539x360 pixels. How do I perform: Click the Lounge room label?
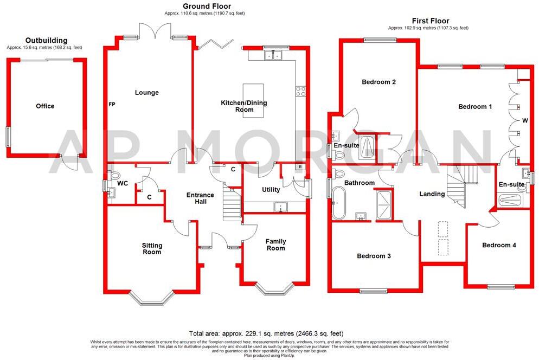pyautogui.click(x=147, y=93)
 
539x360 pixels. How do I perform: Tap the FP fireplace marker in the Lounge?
pyautogui.click(x=112, y=104)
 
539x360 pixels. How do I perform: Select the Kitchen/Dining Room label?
pyautogui.click(x=243, y=106)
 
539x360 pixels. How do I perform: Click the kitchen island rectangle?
pyautogui.click(x=253, y=100)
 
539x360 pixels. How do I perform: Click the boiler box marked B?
pyautogui.click(x=299, y=167)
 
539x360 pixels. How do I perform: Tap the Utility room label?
pyautogui.click(x=271, y=190)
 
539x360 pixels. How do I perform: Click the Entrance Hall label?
pyautogui.click(x=200, y=198)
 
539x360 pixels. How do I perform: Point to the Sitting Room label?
pyautogui.click(x=152, y=249)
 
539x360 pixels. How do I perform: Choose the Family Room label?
pyautogui.click(x=275, y=245)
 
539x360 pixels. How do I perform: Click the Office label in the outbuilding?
pyautogui.click(x=45, y=106)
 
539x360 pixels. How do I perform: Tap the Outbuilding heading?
pyautogui.click(x=47, y=40)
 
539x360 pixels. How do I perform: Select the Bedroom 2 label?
pyautogui.click(x=378, y=82)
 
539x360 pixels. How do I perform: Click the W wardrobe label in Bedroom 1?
pyautogui.click(x=524, y=120)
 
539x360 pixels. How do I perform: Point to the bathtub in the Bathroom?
pyautogui.click(x=338, y=203)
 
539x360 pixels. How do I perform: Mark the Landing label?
pyautogui.click(x=432, y=194)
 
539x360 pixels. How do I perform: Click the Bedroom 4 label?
pyautogui.click(x=499, y=245)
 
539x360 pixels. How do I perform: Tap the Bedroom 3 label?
pyautogui.click(x=374, y=256)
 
